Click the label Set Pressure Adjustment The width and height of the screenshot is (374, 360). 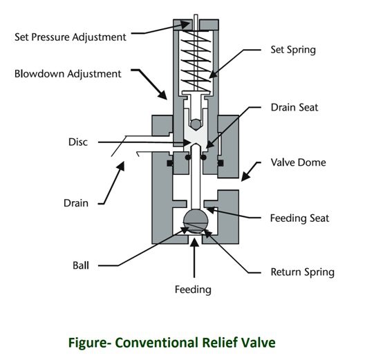coord(71,37)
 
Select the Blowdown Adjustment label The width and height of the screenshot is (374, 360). coord(68,73)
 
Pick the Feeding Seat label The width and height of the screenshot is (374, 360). coord(299,218)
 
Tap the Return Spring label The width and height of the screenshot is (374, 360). coord(303,272)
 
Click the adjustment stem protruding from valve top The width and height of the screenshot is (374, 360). coord(196,19)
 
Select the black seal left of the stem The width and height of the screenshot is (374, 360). coord(169,163)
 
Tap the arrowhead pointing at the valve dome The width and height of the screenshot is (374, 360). coord(244,178)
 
